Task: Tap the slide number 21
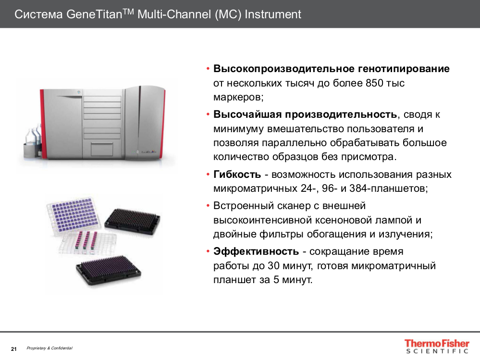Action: point(13,348)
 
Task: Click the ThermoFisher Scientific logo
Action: point(436,347)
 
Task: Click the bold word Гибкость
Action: point(237,174)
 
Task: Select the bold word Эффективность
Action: point(256,251)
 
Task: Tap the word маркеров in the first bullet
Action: point(238,97)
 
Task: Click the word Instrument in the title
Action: point(273,14)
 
